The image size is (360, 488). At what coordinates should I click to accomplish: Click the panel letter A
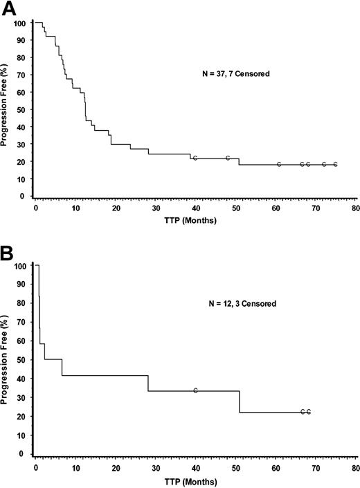[9, 9]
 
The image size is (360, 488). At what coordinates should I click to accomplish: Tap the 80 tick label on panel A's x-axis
[354, 207]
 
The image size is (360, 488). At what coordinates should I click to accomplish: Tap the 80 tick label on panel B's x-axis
[354, 465]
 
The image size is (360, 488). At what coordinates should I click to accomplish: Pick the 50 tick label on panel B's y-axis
[23, 360]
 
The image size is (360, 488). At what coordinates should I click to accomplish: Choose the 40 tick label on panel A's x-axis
[195, 207]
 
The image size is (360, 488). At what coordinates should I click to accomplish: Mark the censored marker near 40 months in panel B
[196, 391]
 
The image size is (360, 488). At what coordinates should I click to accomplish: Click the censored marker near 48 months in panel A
[228, 158]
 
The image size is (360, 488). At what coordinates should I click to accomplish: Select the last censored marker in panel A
[335, 164]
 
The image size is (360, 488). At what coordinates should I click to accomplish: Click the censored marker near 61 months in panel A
[279, 164]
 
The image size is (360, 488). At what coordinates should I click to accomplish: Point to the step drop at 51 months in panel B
[240, 401]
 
